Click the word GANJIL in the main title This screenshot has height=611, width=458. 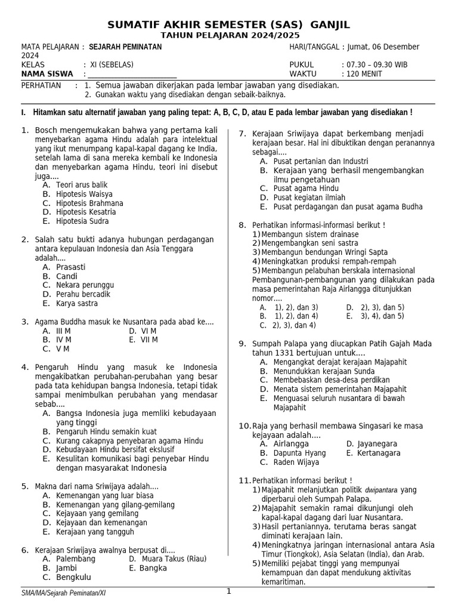point(327,24)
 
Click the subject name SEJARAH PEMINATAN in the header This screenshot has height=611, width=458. point(126,47)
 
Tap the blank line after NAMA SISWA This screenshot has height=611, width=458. point(132,75)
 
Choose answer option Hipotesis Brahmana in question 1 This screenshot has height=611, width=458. point(89,203)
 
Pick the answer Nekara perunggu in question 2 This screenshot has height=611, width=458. point(85,285)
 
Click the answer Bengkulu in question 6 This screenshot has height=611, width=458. point(73,578)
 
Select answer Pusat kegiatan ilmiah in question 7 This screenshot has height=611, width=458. point(309,198)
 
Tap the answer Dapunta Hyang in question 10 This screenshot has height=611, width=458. point(299,453)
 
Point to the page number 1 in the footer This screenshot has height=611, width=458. point(228,591)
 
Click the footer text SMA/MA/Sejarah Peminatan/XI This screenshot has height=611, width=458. point(64,593)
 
